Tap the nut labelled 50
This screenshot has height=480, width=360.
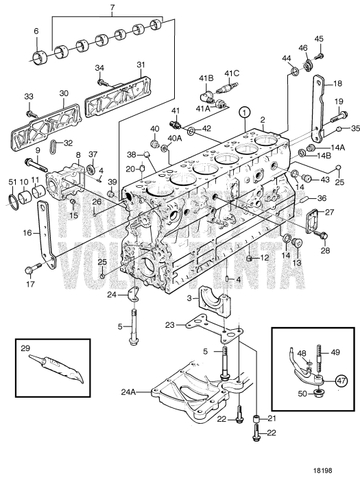[319, 393]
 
